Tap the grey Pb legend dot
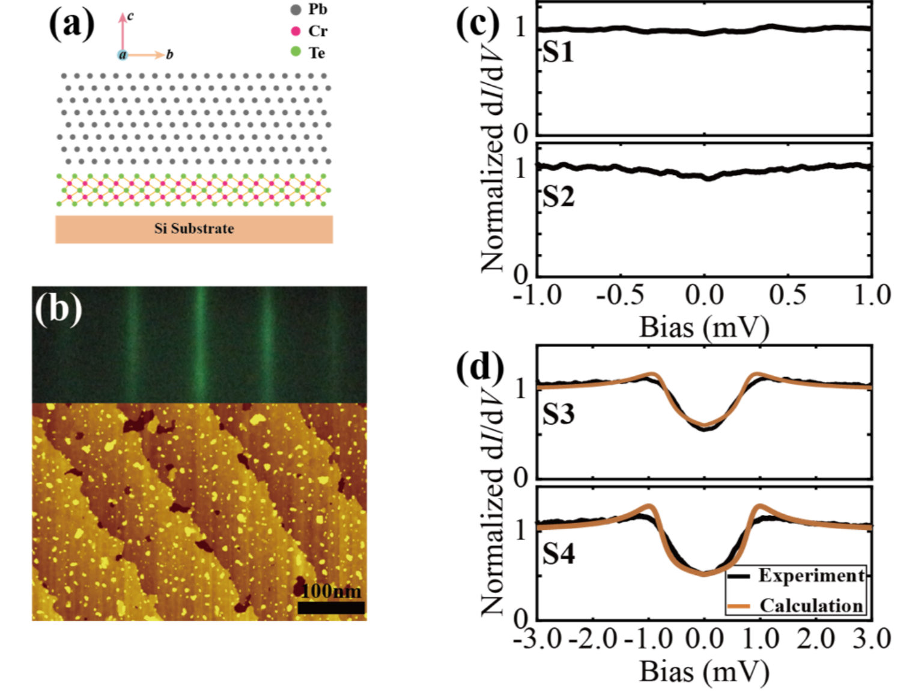click(296, 10)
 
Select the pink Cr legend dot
click(296, 31)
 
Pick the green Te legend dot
click(296, 52)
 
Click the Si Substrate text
click(194, 229)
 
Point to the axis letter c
click(131, 16)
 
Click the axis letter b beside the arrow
click(169, 55)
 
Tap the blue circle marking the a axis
click(122, 55)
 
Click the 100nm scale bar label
click(332, 591)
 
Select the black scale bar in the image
click(331, 607)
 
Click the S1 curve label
click(558, 54)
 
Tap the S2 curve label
click(558, 197)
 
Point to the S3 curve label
click(558, 414)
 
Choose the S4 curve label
click(558, 554)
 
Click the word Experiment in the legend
click(812, 576)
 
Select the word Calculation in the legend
click(812, 606)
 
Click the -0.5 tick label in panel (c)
click(620, 295)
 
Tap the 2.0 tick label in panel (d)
click(816, 639)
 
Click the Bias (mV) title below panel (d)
click(704, 671)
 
